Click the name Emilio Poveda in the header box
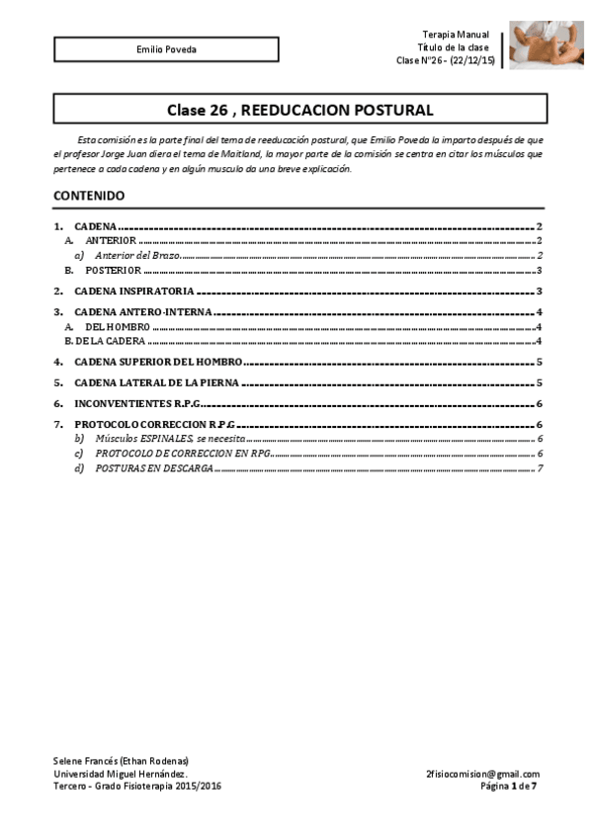[166, 49]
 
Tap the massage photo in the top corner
[546, 45]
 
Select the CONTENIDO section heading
[89, 196]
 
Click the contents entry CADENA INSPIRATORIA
[133, 292]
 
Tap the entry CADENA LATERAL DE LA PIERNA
[157, 382]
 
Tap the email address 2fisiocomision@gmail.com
[482, 774]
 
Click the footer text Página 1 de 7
[509, 787]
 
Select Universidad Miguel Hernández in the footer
[120, 774]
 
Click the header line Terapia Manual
[455, 35]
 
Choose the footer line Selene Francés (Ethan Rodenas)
[120, 760]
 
